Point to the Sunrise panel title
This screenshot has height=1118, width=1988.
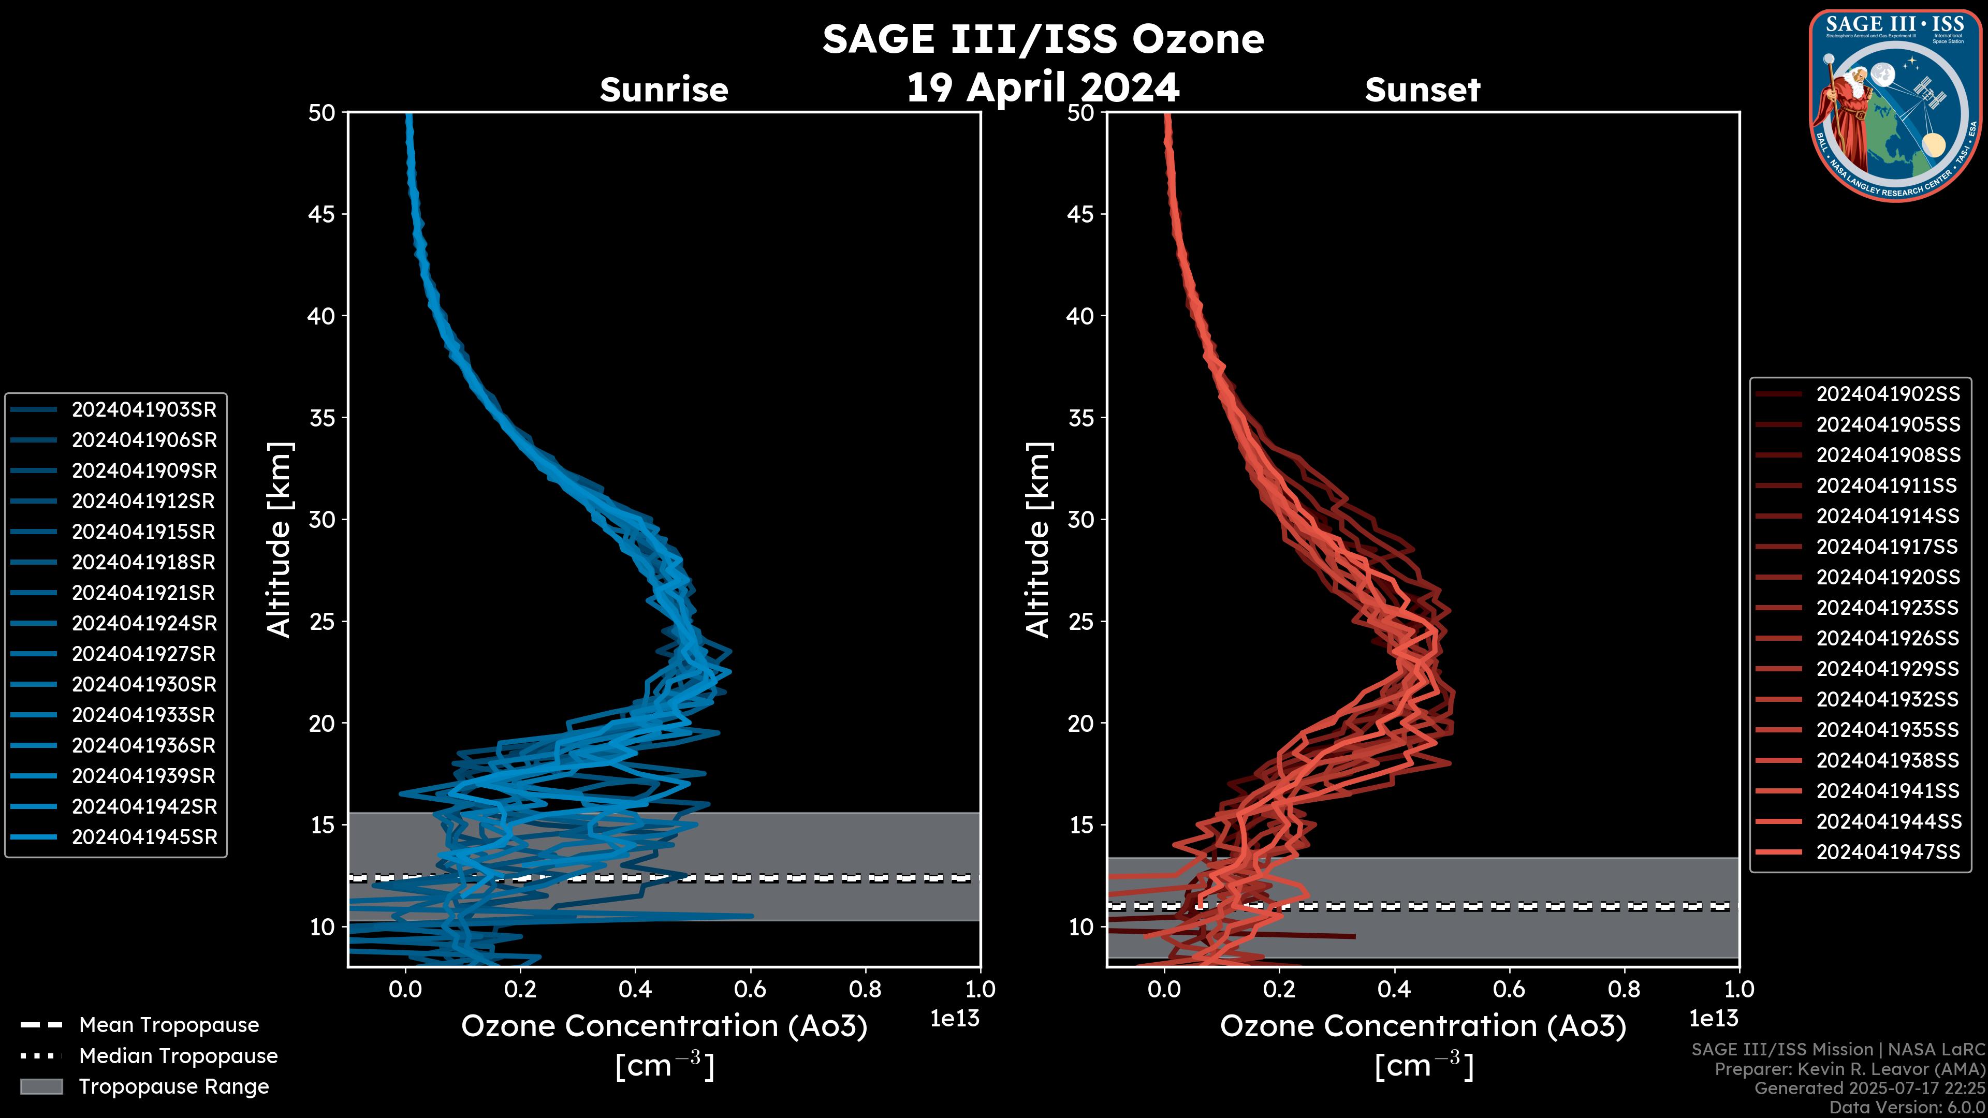pyautogui.click(x=664, y=90)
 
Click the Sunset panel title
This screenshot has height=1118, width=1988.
pyautogui.click(x=1422, y=90)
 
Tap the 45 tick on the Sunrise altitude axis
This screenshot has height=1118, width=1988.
pyautogui.click(x=322, y=214)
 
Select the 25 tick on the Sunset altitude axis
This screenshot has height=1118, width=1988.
pyautogui.click(x=1080, y=622)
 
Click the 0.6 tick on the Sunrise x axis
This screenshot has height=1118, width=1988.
pyautogui.click(x=750, y=989)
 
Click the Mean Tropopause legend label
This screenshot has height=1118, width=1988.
pyautogui.click(x=169, y=1025)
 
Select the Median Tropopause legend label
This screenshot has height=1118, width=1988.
pyautogui.click(x=178, y=1056)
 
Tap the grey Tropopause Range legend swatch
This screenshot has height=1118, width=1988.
pyautogui.click(x=41, y=1087)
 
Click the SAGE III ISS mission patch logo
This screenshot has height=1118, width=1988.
pyautogui.click(x=1895, y=105)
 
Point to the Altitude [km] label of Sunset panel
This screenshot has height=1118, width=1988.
pyautogui.click(x=1038, y=540)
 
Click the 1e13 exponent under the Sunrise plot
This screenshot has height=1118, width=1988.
pyautogui.click(x=955, y=1019)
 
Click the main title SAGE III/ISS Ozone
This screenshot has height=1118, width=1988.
pyautogui.click(x=1043, y=39)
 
